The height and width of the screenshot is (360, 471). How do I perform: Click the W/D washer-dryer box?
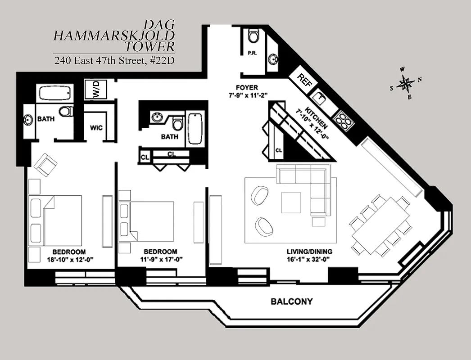[95, 89]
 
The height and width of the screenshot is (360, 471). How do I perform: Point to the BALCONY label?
[291, 301]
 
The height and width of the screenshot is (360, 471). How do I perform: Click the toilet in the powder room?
[254, 35]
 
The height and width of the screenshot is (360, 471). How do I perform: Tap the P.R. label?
[252, 53]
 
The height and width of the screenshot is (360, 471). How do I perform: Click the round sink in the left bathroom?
[28, 120]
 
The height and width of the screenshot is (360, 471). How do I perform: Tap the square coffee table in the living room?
[291, 202]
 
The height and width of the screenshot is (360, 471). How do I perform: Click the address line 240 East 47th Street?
[114, 60]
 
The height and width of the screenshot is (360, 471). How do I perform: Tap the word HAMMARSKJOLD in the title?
[114, 36]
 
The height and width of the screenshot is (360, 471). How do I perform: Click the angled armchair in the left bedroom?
[45, 165]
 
